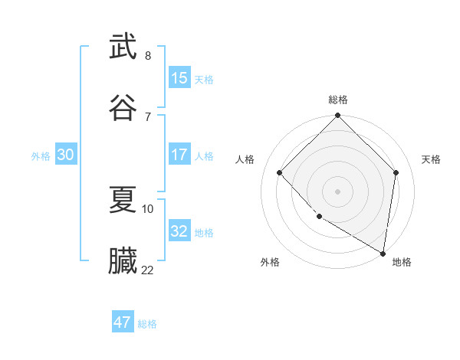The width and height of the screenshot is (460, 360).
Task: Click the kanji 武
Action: tap(123, 47)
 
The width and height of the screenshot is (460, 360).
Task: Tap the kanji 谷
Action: tap(123, 106)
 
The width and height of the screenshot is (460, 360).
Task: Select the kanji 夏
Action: tap(123, 199)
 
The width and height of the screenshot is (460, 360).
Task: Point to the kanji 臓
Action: tap(123, 260)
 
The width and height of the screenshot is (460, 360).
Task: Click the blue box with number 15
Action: tap(179, 78)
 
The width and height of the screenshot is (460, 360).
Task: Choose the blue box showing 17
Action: tap(179, 155)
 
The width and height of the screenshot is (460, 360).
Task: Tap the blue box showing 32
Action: tap(179, 231)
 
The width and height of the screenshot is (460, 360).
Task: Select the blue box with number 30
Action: tap(66, 155)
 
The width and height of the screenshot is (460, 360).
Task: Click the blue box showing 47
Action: tap(123, 322)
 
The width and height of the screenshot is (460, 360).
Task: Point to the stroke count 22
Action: tap(148, 270)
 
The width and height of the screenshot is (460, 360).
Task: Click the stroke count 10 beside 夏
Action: tap(148, 208)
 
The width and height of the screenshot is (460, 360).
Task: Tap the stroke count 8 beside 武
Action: tap(148, 56)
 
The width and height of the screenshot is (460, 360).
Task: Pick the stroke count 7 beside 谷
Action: tap(148, 116)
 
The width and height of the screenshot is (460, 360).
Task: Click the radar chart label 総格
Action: tap(338, 100)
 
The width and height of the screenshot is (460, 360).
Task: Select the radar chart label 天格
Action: tap(431, 159)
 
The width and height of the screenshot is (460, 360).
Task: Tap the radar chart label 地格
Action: tap(402, 262)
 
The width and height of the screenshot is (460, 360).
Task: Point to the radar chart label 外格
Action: tap(270, 262)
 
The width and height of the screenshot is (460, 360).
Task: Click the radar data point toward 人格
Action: tap(280, 172)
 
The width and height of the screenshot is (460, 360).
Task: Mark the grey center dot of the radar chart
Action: tap(337, 191)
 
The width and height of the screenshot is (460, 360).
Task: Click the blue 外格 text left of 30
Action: tap(41, 155)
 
